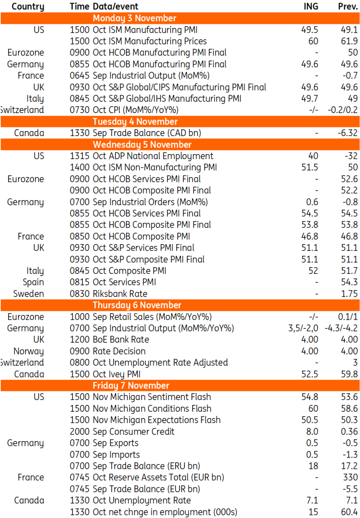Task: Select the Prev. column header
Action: (348, 6)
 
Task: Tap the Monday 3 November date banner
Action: (135, 18)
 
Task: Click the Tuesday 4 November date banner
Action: (135, 122)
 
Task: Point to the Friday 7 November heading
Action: (131, 386)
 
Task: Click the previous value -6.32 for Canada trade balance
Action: (346, 133)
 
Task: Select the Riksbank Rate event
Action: (120, 294)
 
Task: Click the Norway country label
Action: (29, 351)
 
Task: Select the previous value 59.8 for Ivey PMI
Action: (350, 374)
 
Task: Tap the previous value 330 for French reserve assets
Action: (350, 477)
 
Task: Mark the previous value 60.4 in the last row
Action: (350, 512)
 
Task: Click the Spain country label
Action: (33, 282)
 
